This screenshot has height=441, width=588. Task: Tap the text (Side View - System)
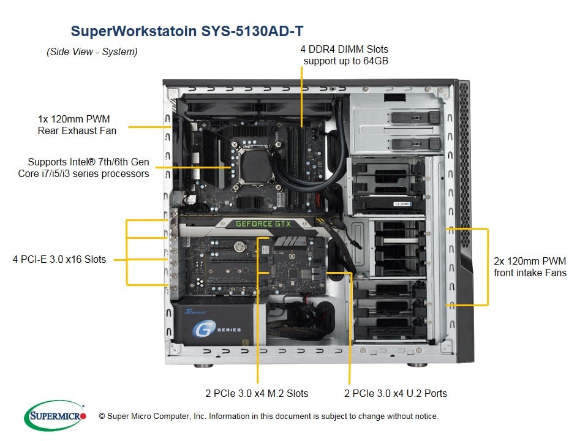point(92,52)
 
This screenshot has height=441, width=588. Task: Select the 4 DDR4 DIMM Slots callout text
point(345,55)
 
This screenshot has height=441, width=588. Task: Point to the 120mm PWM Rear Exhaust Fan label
point(77,124)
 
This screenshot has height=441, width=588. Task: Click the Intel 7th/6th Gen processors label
point(84,168)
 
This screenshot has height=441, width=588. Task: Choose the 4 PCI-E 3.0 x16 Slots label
point(59,259)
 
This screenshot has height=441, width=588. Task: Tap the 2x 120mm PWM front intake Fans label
point(530,266)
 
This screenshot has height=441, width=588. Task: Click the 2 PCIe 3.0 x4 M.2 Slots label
point(257,393)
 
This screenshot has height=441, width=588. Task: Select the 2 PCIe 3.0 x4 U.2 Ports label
point(396,393)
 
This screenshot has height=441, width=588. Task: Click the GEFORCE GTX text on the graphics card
point(263,224)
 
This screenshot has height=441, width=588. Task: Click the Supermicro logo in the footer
point(55,416)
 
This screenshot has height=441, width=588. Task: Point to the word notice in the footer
point(424,417)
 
